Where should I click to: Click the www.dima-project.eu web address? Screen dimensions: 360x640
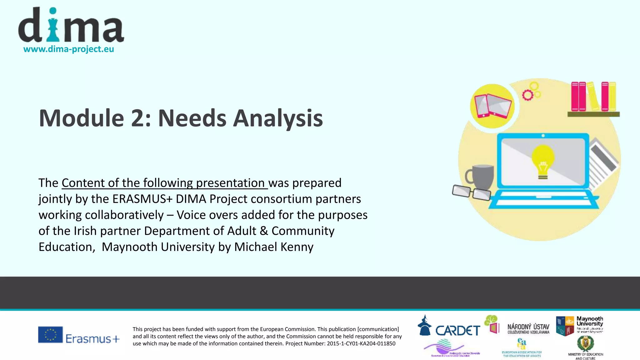(69, 49)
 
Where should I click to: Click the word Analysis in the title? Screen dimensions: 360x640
(278, 118)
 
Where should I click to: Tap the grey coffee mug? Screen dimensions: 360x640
(482, 177)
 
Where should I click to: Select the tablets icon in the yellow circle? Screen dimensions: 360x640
(493, 106)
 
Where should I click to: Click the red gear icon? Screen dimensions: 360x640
(527, 95)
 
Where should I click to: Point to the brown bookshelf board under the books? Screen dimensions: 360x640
(593, 114)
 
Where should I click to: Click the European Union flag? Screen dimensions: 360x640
(50, 335)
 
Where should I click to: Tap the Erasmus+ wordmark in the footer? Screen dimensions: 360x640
(92, 339)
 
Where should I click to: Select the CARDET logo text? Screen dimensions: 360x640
(457, 331)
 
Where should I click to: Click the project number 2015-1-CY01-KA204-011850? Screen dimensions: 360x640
(361, 344)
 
